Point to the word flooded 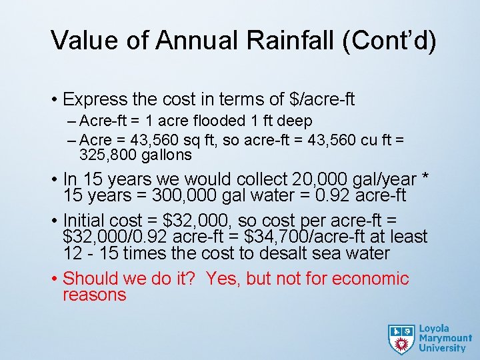221,122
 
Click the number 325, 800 108,155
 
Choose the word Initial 87,220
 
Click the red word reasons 95,295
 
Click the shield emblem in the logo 401,339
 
